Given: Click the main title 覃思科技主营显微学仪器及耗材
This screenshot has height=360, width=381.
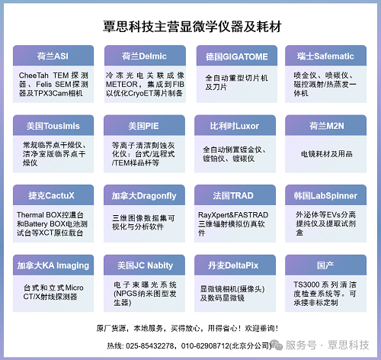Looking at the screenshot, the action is (192, 27).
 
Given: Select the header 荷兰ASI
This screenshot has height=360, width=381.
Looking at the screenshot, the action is (53, 56).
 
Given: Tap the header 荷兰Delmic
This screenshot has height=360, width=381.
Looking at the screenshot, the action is (144, 56).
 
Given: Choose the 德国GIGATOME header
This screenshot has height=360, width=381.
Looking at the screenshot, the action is (237, 56).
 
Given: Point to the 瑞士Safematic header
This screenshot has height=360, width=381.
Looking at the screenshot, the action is (325, 56).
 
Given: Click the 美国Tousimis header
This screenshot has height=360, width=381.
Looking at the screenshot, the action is (53, 126).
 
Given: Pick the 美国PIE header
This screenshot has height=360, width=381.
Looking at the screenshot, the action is (144, 126).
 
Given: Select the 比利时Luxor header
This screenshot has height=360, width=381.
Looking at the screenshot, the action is (235, 126).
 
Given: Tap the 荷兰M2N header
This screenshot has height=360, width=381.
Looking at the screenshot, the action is (327, 126).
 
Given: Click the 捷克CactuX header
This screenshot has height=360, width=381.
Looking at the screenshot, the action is (51, 195).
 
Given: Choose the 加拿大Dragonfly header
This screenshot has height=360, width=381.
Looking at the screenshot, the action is (144, 196).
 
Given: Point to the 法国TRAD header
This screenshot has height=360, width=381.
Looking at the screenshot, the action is (233, 195).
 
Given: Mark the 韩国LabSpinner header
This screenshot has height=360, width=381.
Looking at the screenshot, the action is (325, 196).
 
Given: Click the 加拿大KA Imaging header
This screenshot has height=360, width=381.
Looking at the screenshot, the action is (53, 265).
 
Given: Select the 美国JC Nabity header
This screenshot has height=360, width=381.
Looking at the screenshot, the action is (145, 265).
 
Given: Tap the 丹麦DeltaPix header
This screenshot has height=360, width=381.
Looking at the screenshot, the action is (233, 265).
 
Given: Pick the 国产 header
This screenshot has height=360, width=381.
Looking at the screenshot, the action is (325, 265).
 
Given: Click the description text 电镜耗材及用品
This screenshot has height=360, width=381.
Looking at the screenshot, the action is (327, 154).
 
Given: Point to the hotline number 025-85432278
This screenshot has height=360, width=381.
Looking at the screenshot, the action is (150, 346).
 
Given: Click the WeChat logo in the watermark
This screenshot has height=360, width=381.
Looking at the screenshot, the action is (277, 345).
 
